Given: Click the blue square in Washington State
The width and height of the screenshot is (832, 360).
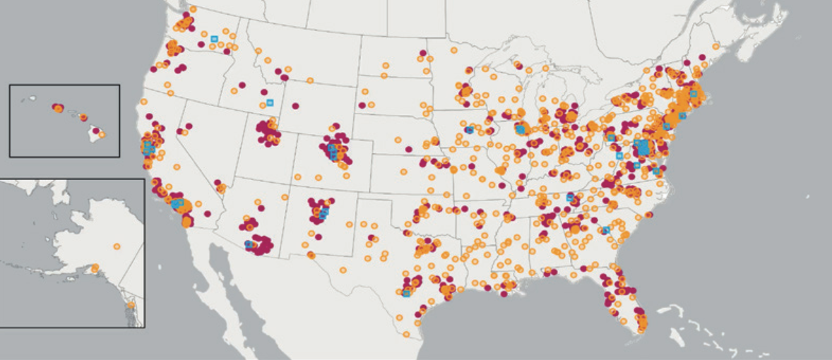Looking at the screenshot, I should pos(214,39).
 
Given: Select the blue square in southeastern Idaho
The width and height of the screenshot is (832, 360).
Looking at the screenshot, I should pos(270,103).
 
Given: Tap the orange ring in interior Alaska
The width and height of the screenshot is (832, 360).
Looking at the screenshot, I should pos(117,246).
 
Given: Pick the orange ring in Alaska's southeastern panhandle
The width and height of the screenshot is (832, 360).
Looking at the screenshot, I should pos(131,305).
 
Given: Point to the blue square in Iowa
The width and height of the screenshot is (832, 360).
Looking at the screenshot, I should pos(469,129).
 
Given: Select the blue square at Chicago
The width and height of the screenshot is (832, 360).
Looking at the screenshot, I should pos(521,129).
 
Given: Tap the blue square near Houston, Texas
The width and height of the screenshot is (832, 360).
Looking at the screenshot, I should pos(406,294).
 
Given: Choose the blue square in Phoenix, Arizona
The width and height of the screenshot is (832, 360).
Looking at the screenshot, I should pos(249,244).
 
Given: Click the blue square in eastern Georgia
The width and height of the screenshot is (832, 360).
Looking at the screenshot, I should pos(605,230).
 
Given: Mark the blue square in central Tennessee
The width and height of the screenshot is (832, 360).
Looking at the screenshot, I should pos(569,198).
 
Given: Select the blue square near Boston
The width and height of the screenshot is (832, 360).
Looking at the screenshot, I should pos(694,94).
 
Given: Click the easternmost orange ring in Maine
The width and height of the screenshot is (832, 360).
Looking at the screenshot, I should pos(715,47).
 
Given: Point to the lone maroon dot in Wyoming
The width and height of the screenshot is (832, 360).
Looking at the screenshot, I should pos(295,106).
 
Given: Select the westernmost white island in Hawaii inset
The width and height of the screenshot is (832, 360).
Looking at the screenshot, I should pos(25,99).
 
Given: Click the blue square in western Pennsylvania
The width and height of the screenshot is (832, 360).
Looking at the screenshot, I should pos(612,138).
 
